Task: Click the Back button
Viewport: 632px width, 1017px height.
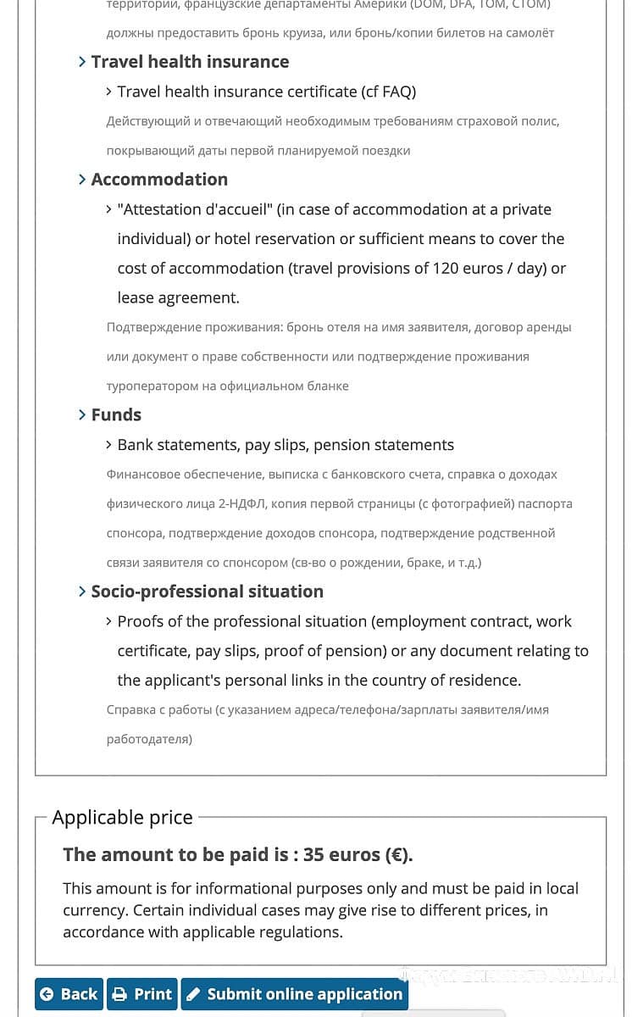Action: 69,994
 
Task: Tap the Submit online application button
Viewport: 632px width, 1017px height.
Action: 295,994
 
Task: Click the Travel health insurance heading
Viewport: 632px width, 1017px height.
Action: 190,62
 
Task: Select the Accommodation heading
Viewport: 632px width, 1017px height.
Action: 159,180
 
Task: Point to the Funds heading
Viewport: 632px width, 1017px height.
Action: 116,414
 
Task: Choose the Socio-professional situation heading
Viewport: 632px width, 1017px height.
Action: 207,592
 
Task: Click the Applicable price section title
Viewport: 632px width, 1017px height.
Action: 122,818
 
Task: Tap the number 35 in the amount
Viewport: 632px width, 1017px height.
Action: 313,855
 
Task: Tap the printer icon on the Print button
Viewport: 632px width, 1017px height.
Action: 120,994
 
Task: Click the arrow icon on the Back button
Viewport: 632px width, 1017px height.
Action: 47,994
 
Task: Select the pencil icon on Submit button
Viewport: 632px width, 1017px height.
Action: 193,994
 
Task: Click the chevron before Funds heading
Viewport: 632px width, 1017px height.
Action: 82,414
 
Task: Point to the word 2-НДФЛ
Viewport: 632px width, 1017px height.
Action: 243,503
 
